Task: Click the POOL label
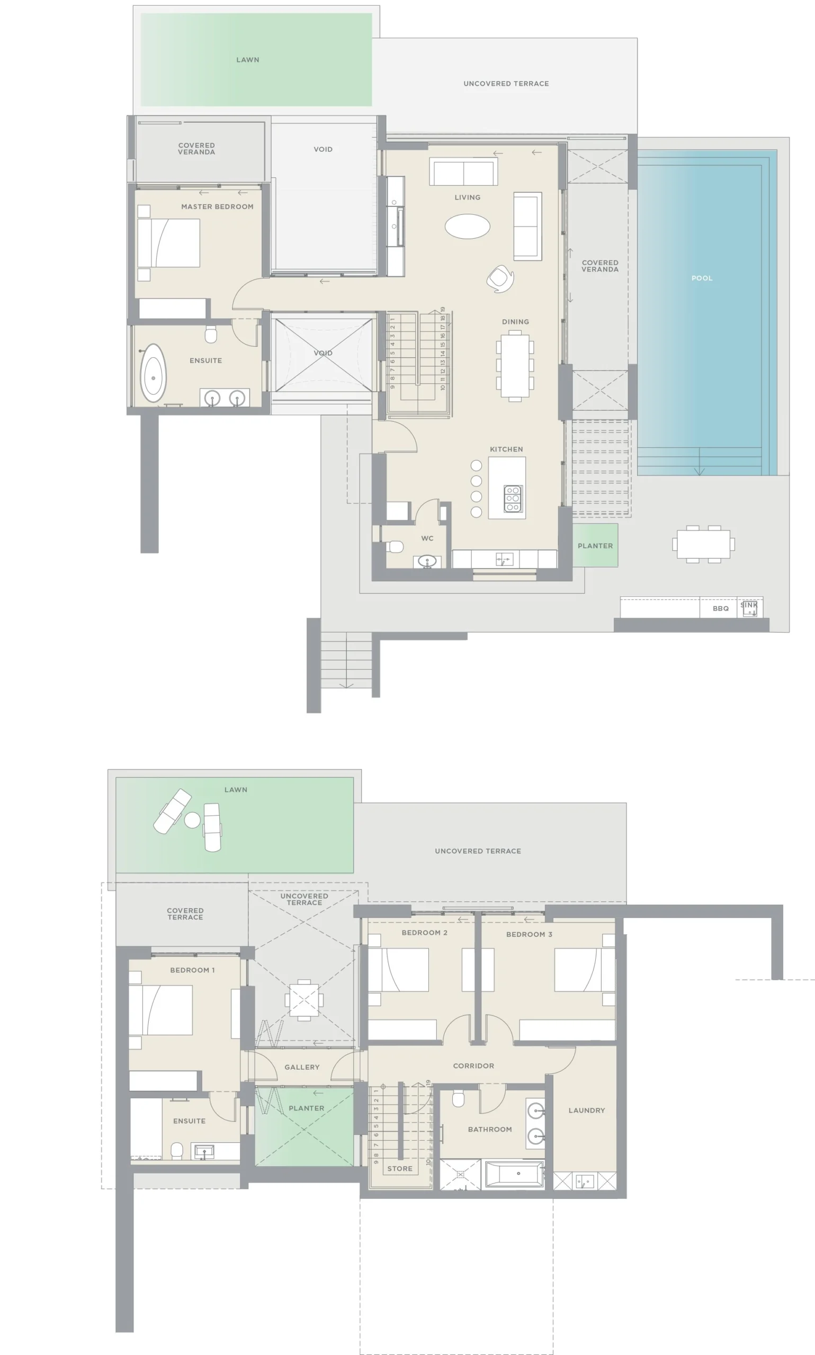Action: [x=702, y=278]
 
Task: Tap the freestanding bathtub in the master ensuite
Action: [x=153, y=373]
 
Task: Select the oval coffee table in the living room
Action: [x=468, y=225]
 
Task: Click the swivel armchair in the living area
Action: [x=500, y=278]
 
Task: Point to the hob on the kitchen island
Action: [x=513, y=498]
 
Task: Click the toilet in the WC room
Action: [x=395, y=547]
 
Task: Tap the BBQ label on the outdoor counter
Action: [x=721, y=609]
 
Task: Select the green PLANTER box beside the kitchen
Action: [x=595, y=545]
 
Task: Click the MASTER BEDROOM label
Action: [x=218, y=207]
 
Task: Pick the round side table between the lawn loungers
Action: [x=192, y=820]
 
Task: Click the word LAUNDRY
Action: [x=587, y=1110]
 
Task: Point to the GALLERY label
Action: [x=302, y=1068]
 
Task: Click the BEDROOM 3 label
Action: [x=530, y=935]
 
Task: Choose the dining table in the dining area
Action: [x=515, y=366]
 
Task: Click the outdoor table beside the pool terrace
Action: [x=703, y=544]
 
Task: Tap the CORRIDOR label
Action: [x=473, y=1066]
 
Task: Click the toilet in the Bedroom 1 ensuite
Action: [x=177, y=1150]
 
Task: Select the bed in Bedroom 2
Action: [x=398, y=970]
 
